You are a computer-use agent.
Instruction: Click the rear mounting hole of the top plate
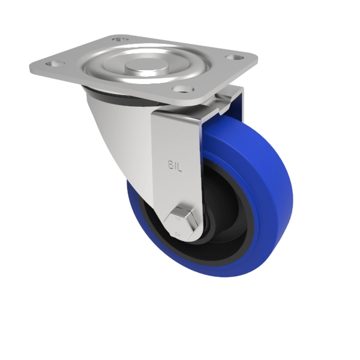coord(121,40)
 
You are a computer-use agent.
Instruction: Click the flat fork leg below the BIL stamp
coord(174,192)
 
